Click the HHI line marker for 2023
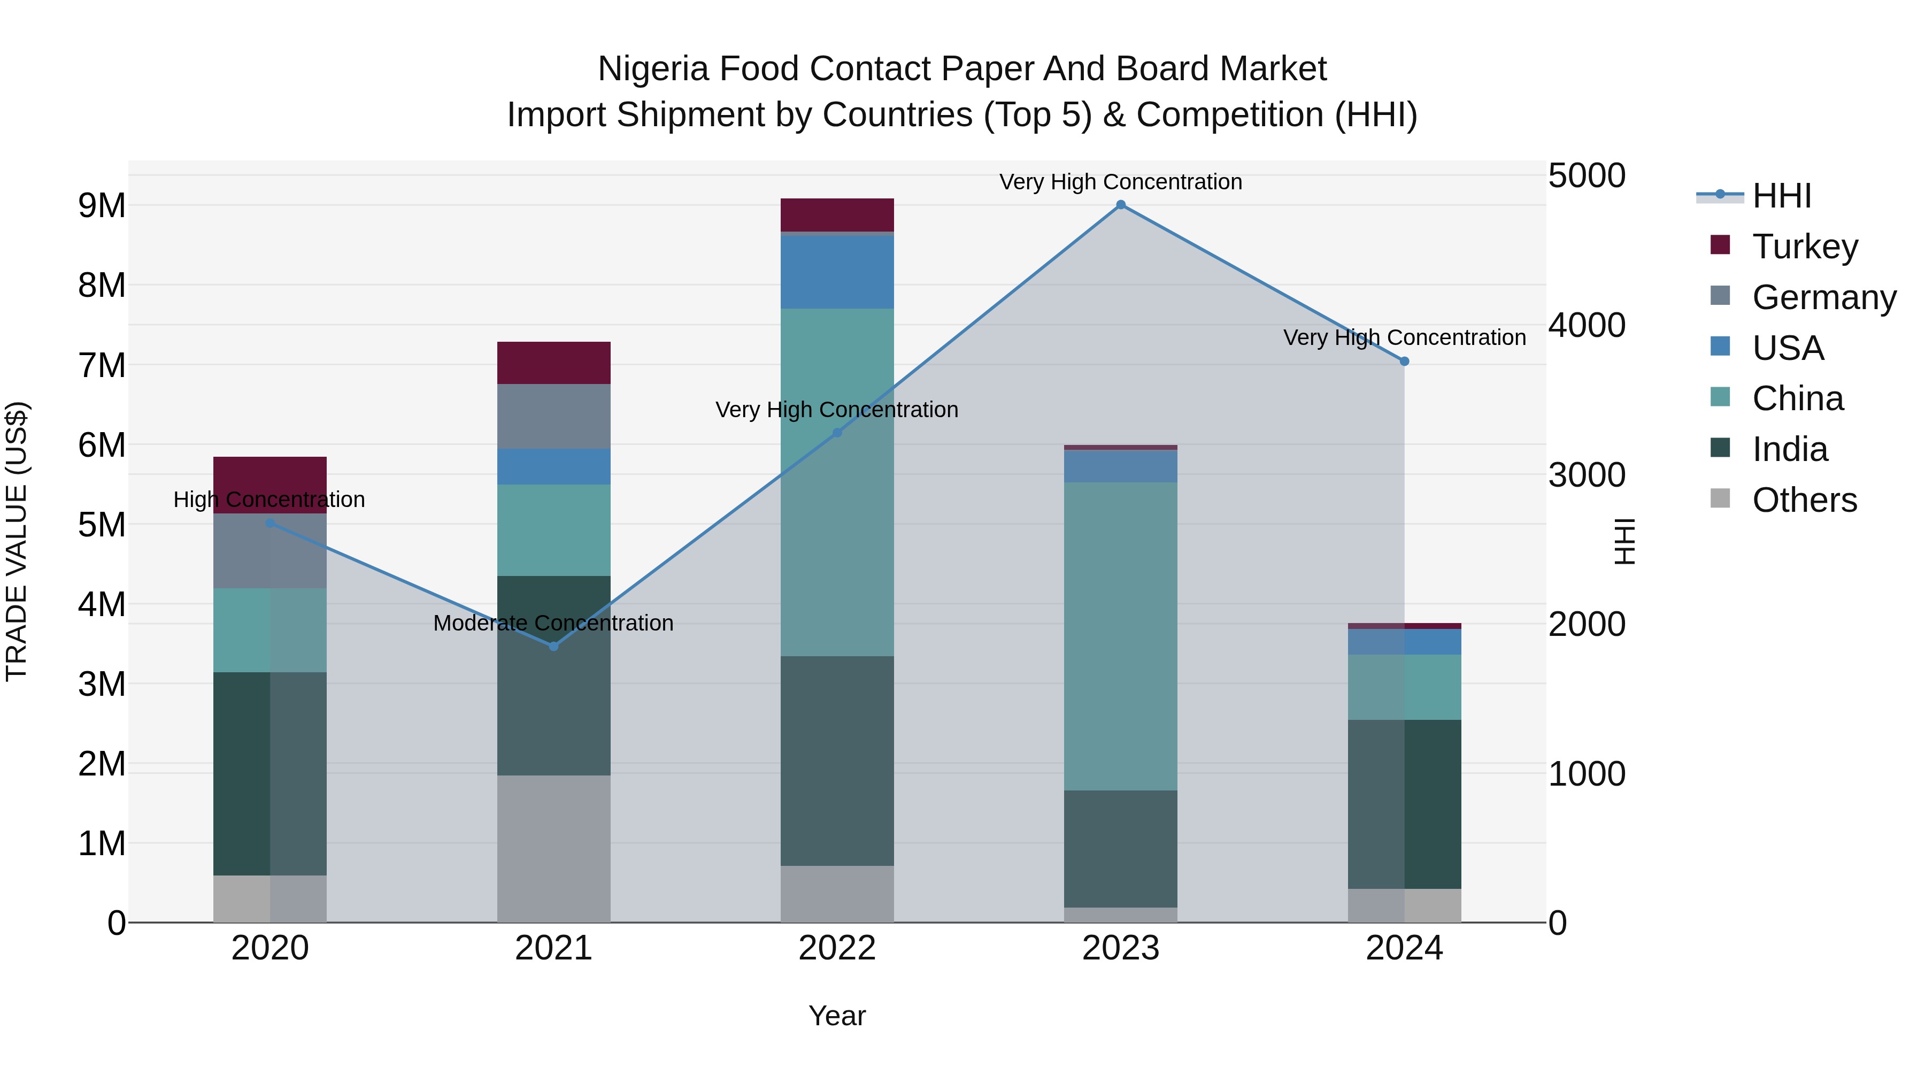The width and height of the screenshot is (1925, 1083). tap(1120, 205)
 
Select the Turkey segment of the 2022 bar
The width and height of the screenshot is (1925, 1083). tap(837, 214)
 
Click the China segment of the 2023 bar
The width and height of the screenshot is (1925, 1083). tap(1120, 635)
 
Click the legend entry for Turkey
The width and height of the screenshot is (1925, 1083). tap(1804, 247)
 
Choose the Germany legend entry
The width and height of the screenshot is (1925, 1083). tap(1823, 297)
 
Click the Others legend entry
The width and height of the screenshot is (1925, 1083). tap(1804, 500)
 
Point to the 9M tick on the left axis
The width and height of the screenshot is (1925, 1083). tap(102, 205)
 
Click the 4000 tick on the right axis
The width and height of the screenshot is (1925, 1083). tap(1586, 325)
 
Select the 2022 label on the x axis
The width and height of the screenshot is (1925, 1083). tap(837, 948)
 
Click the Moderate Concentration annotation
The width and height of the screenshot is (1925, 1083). tap(553, 623)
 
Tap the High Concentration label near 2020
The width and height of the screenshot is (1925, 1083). tap(269, 500)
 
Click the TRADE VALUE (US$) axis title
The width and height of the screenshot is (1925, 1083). tap(17, 541)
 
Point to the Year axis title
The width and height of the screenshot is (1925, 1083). tap(837, 1016)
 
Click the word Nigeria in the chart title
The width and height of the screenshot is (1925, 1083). tap(652, 69)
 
